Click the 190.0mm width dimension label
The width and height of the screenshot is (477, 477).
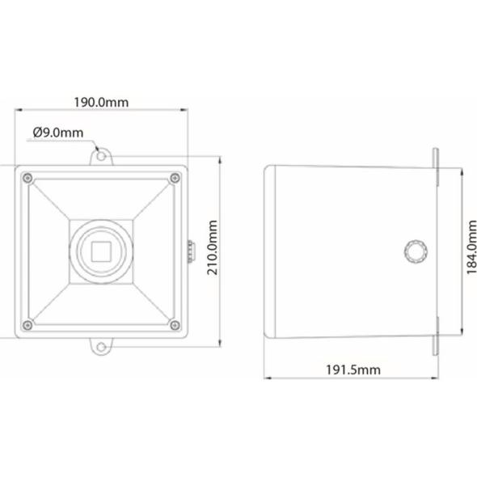point(101,102)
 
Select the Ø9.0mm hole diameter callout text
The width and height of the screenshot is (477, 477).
point(57,133)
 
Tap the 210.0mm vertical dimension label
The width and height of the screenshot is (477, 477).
point(213,247)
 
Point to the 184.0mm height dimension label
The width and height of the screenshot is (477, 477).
point(471,247)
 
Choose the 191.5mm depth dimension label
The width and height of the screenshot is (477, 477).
point(353,370)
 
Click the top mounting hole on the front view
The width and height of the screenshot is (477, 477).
point(101,156)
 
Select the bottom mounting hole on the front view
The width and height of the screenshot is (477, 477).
point(101,347)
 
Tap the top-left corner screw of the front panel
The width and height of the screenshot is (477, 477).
point(27,178)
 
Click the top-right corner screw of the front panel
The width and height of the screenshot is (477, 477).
point(175,178)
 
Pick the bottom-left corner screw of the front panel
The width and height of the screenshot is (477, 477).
point(27,325)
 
